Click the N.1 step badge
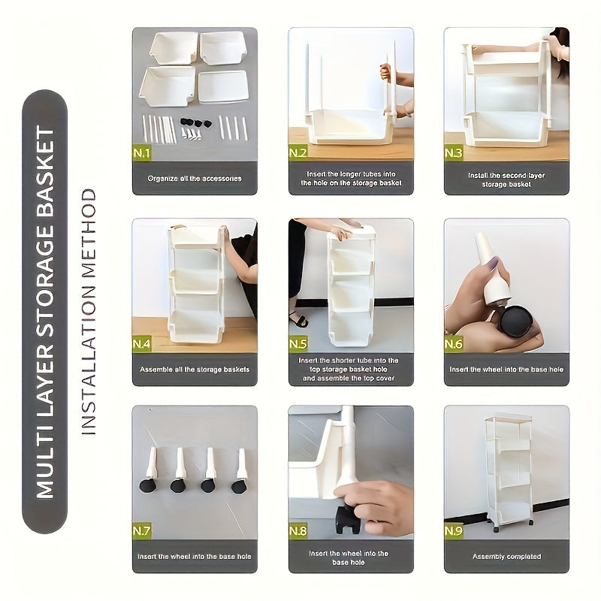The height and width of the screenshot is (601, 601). click(x=143, y=153)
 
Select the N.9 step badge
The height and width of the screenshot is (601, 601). click(x=454, y=531)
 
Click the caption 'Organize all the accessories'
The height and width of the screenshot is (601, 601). click(x=195, y=178)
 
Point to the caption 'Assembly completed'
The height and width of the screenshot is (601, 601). click(x=506, y=557)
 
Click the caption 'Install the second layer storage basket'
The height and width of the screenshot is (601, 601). click(x=506, y=179)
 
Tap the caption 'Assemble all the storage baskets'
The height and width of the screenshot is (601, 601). click(x=195, y=369)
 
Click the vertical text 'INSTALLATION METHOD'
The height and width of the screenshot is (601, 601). click(x=89, y=311)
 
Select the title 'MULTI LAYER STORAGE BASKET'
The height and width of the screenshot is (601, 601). click(x=46, y=311)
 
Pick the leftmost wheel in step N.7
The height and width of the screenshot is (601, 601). click(x=148, y=485)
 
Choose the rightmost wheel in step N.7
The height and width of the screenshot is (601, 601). click(x=239, y=485)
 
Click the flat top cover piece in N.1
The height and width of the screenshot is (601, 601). click(x=223, y=86)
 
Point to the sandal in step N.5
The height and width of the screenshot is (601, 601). click(x=299, y=319)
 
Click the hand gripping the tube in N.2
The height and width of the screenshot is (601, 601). click(x=387, y=73)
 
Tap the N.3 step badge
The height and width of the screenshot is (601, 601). click(x=454, y=153)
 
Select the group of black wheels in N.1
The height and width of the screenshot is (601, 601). click(x=194, y=122)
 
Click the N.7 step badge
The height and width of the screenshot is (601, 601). click(x=143, y=531)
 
